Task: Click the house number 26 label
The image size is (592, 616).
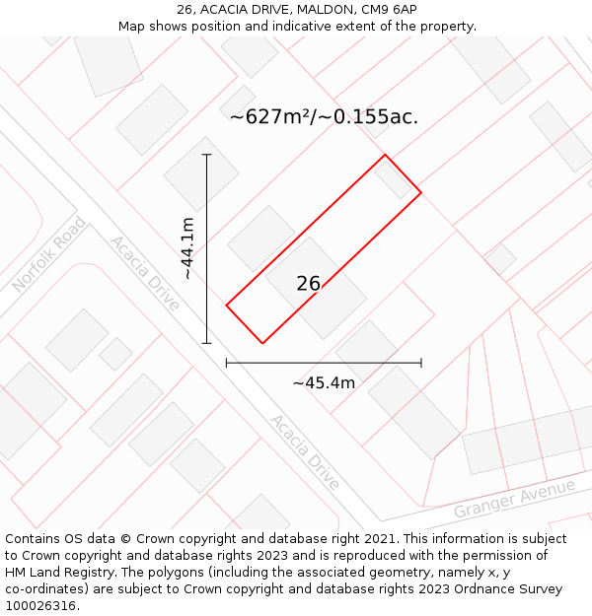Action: tap(308, 284)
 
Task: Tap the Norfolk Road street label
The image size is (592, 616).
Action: tap(48, 254)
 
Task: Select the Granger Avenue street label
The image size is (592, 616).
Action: tap(514, 499)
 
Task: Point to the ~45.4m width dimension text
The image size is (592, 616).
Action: tap(324, 382)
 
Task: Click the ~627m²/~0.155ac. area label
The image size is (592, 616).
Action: tap(324, 117)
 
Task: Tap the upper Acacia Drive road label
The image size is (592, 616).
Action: tap(144, 273)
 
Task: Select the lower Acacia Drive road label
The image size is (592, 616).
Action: tap(305, 452)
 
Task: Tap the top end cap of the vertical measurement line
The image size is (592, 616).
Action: tap(206, 155)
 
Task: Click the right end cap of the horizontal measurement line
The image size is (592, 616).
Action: tap(421, 363)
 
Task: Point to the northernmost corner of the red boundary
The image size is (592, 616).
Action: tap(385, 155)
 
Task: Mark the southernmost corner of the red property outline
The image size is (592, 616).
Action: tap(262, 343)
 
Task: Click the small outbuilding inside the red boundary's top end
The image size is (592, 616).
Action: tap(393, 179)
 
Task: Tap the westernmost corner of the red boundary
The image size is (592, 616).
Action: tap(227, 306)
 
